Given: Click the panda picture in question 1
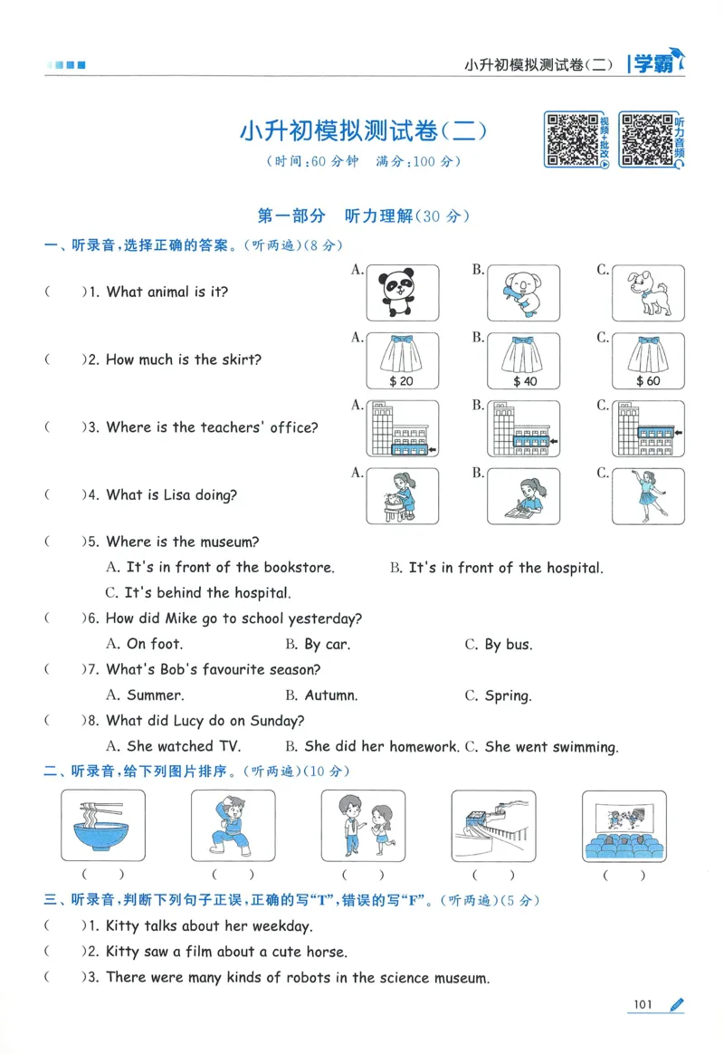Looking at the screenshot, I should tap(402, 293).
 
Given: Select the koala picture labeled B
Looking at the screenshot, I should tap(523, 293).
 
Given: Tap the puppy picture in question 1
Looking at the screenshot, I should tap(648, 293).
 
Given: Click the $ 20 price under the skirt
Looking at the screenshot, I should tap(401, 381).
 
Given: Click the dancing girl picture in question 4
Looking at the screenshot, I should tap(648, 494).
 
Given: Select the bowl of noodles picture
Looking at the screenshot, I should tap(103, 825).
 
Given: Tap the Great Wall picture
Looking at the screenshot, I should tap(493, 825).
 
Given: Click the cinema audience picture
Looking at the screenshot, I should tap(624, 825).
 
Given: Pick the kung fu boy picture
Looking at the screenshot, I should tap(233, 825).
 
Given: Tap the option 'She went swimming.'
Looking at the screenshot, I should tap(551, 748).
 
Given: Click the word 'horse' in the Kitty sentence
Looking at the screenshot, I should tap(326, 953).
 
